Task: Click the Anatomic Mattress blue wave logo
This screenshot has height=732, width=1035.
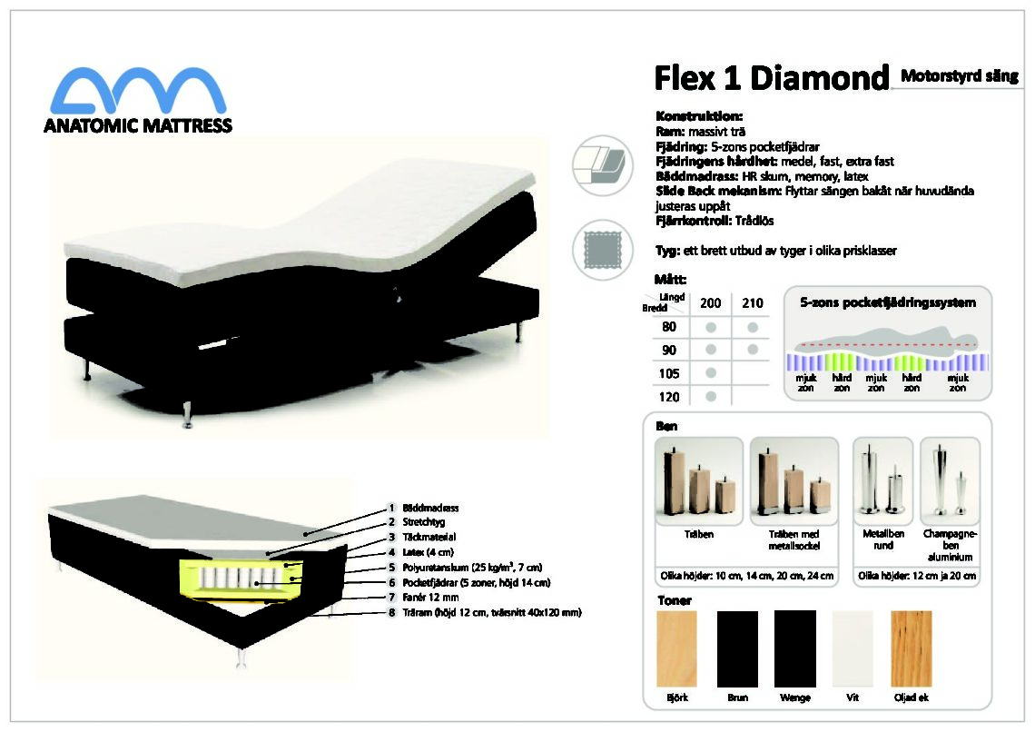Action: [139, 91]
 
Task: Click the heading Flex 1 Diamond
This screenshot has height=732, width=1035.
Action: [772, 78]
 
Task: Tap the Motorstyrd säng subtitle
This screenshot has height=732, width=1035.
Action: [959, 75]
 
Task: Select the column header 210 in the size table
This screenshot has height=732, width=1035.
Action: [753, 303]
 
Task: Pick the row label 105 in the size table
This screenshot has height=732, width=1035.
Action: [668, 373]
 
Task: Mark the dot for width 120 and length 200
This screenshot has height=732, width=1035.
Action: [711, 397]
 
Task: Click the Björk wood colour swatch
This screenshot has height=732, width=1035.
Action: [676, 648]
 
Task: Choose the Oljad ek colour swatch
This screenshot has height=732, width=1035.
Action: [912, 648]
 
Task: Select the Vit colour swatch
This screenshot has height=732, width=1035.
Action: [853, 648]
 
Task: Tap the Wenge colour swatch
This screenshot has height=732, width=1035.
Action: [795, 648]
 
